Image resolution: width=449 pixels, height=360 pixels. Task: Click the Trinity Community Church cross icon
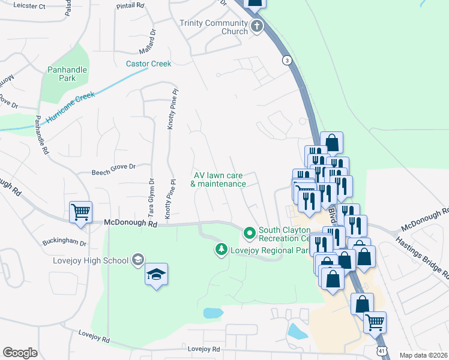point(257,26)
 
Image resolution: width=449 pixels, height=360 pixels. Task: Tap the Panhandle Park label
point(67,74)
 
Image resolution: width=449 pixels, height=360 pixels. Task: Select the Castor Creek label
point(148,64)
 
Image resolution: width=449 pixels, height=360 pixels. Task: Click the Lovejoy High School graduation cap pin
point(156,274)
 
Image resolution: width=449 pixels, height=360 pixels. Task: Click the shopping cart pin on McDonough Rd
point(80,211)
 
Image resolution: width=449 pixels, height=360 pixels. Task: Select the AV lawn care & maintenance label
point(218,179)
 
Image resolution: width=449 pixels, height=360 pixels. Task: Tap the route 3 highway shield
point(288,60)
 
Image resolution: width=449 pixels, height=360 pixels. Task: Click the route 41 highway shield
point(382,350)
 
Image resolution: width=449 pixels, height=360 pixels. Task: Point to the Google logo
point(20,353)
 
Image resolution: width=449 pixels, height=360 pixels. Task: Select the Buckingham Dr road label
point(64,244)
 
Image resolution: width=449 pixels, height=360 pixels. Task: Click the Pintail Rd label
point(132,5)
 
